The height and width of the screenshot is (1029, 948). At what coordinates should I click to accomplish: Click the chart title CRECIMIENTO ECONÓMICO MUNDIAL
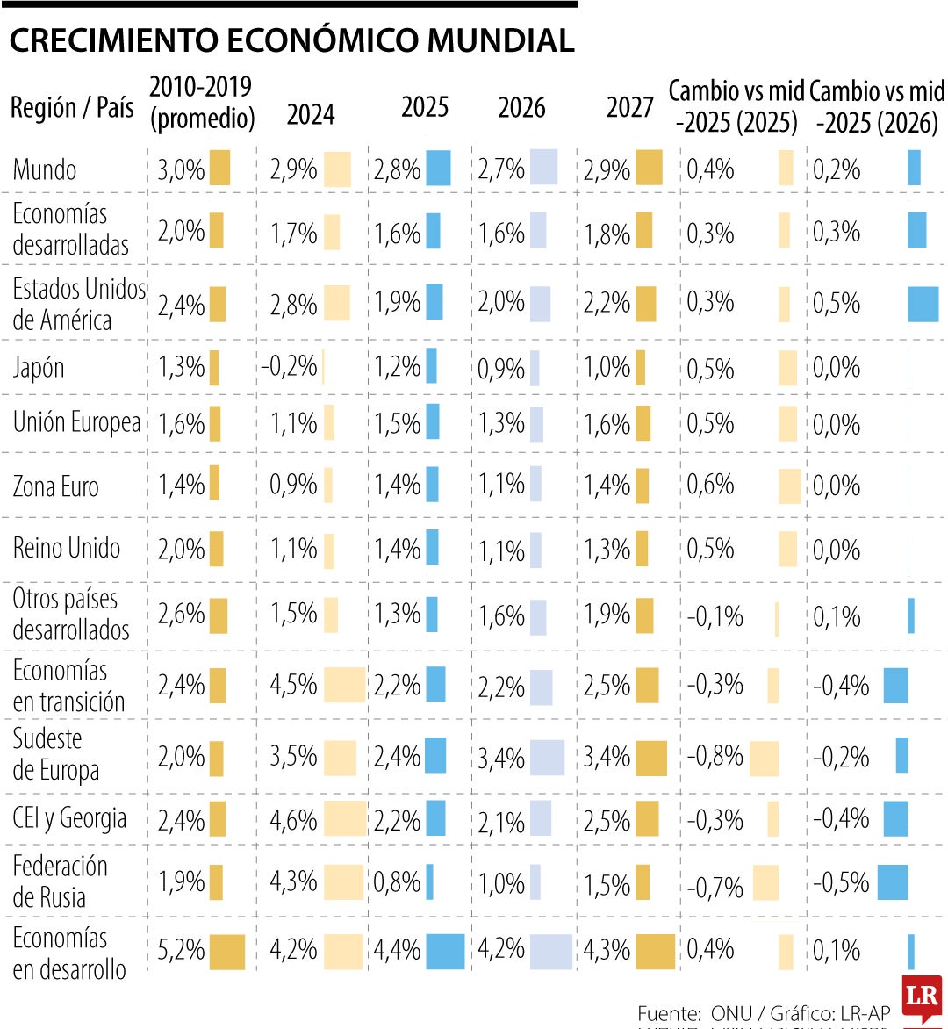tap(291, 40)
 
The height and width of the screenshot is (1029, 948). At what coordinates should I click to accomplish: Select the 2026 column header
tap(521, 108)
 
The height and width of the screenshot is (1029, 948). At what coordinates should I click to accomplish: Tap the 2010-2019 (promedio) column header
tap(201, 103)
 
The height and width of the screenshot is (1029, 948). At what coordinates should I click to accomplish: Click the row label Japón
tap(39, 367)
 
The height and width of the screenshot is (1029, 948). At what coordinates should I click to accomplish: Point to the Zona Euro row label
tap(55, 486)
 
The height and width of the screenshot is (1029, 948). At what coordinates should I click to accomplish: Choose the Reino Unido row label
tap(66, 548)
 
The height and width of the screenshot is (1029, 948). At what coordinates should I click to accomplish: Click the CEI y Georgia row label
tap(69, 818)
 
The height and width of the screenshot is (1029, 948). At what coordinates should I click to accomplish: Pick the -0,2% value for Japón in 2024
tap(289, 366)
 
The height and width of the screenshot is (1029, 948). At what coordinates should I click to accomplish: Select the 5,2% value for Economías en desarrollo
tap(181, 950)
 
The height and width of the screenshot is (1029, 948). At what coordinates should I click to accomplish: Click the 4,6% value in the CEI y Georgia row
tap(293, 820)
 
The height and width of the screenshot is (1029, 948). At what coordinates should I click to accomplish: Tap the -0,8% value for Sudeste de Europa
tap(715, 757)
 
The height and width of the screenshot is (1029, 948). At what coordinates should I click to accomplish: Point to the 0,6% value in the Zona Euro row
tap(710, 485)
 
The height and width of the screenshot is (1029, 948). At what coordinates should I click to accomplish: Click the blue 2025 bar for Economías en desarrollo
tap(445, 952)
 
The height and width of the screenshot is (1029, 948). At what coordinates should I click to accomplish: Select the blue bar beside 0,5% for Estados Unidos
tap(923, 305)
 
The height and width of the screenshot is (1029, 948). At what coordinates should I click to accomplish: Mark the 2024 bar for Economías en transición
tap(344, 685)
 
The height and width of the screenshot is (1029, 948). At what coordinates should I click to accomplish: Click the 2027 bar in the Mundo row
tap(649, 168)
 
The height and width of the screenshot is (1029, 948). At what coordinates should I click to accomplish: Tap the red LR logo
tap(921, 997)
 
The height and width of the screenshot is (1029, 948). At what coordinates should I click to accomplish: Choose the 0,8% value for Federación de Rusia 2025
tap(397, 882)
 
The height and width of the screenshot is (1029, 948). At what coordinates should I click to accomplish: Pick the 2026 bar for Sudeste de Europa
tap(547, 758)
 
